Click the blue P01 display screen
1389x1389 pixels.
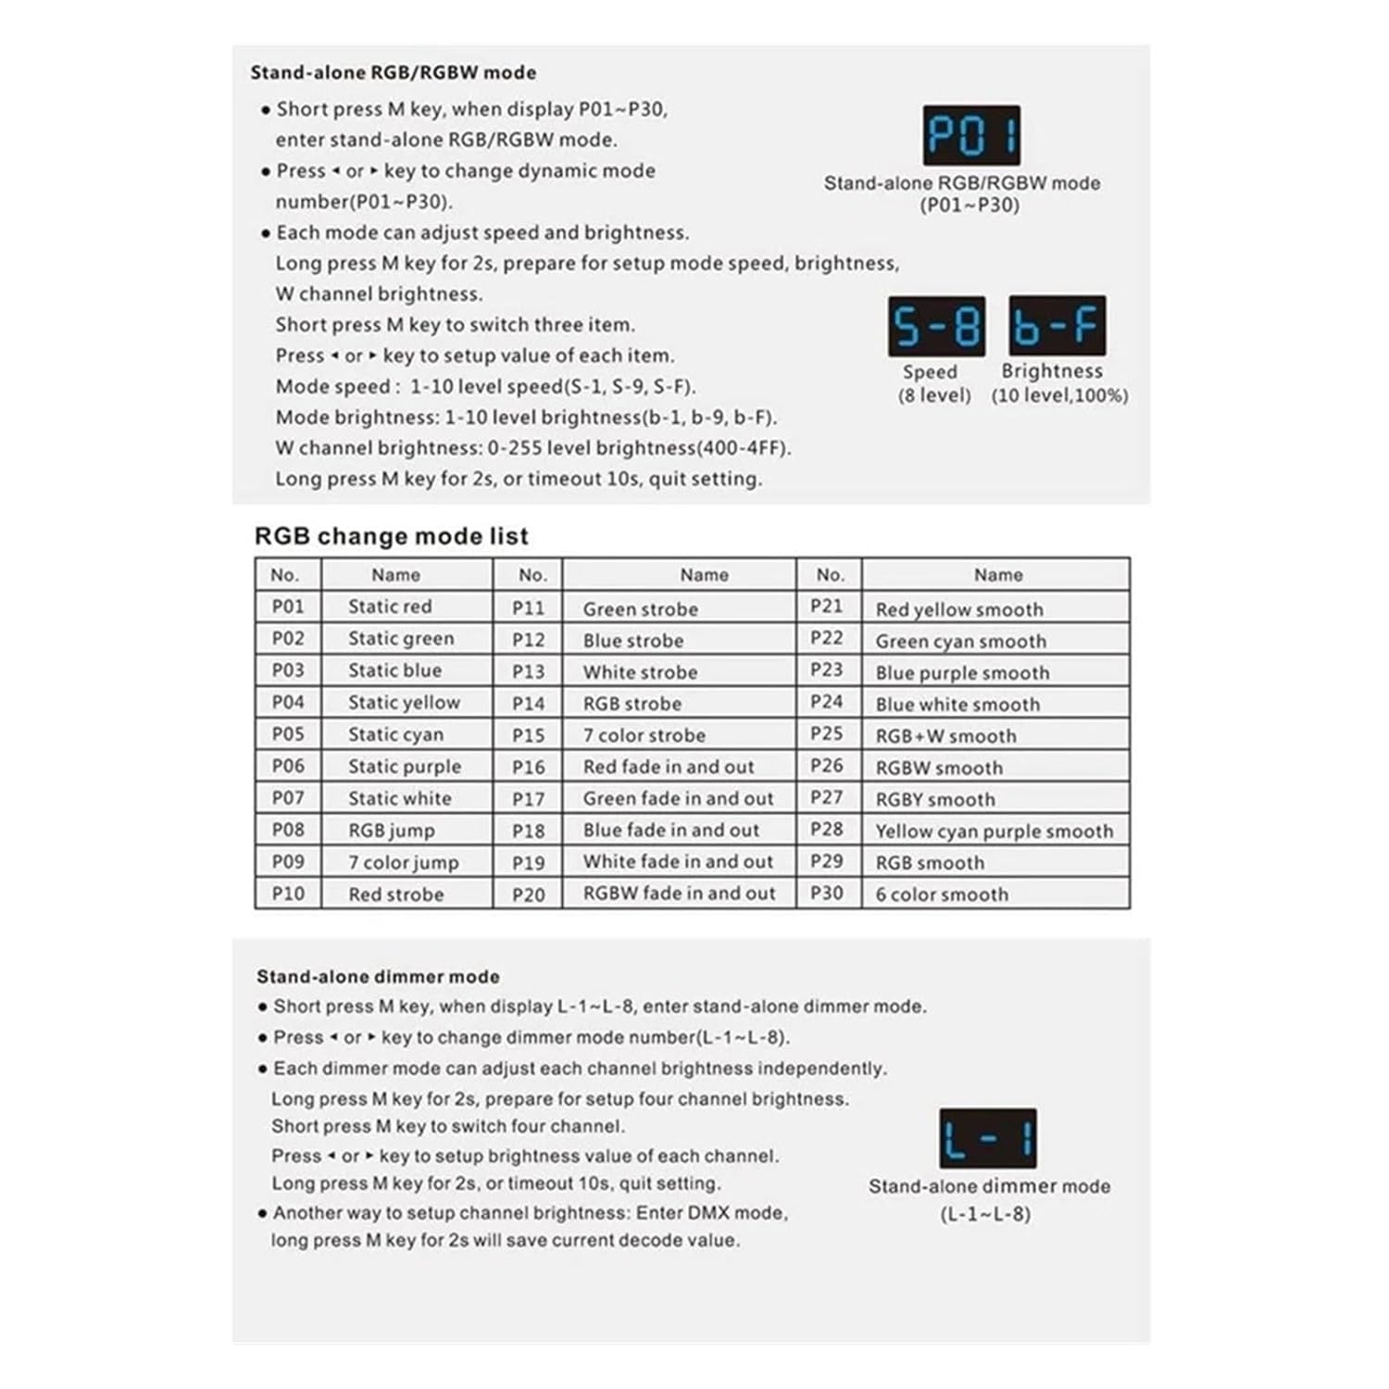coord(971,135)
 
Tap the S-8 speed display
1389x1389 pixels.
coord(936,327)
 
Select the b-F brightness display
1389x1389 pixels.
coord(1057,326)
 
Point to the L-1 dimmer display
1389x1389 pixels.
coord(987,1138)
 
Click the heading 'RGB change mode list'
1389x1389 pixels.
coord(391,536)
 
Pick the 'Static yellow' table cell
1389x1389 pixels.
coord(404,703)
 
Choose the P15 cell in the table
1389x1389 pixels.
coord(528,735)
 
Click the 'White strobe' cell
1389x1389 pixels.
coord(640,672)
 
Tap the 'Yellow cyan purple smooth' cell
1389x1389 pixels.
coord(994,832)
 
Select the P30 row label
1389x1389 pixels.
coord(827,894)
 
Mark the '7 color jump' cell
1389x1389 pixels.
coord(403,863)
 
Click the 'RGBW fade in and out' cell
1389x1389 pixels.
coord(679,894)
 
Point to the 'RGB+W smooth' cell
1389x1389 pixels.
coord(945,736)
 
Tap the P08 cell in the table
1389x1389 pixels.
coord(288,830)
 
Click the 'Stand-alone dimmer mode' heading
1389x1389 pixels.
coord(378,977)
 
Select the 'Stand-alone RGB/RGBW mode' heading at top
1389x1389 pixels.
coord(393,72)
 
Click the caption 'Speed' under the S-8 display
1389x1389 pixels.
coord(930,372)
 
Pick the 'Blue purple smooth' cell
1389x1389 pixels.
coord(962,673)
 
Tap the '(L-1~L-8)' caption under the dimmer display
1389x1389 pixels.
coord(985,1214)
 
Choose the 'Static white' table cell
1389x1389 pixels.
coord(399,798)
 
